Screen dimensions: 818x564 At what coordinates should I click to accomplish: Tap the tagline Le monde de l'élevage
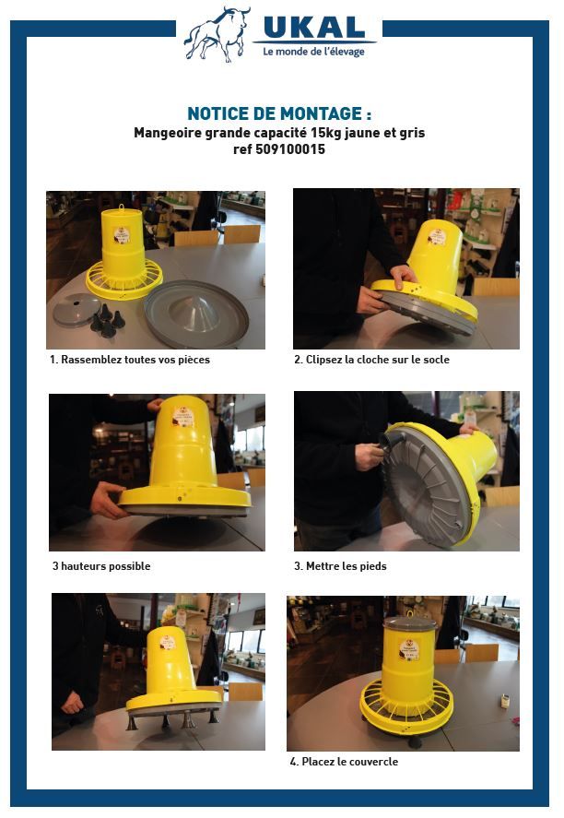[313, 52]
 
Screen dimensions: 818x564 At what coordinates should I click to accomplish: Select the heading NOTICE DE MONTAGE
[279, 113]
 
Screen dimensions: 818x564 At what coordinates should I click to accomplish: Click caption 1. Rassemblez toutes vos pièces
[130, 360]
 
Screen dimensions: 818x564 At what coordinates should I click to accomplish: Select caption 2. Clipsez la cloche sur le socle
[371, 360]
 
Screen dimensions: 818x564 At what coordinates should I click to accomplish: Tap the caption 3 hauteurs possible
[101, 566]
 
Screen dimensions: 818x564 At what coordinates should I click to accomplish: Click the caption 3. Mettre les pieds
[340, 566]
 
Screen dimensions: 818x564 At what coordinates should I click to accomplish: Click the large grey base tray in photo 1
[196, 314]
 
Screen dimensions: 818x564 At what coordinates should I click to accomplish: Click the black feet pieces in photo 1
[106, 321]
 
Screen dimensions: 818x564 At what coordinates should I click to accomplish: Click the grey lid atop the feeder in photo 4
[409, 623]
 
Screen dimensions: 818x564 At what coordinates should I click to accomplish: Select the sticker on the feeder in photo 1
[122, 235]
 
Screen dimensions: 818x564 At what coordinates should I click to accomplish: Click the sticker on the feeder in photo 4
[409, 649]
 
